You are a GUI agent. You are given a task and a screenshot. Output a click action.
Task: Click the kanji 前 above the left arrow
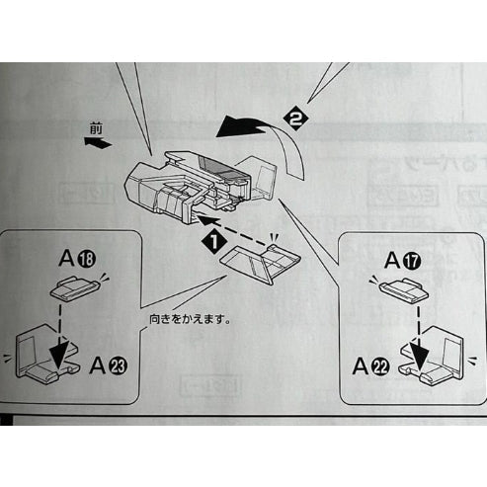pos(94,129)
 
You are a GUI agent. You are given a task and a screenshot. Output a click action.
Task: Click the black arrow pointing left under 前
pos(96,142)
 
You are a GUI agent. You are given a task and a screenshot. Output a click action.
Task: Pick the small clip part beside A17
pos(399,289)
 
